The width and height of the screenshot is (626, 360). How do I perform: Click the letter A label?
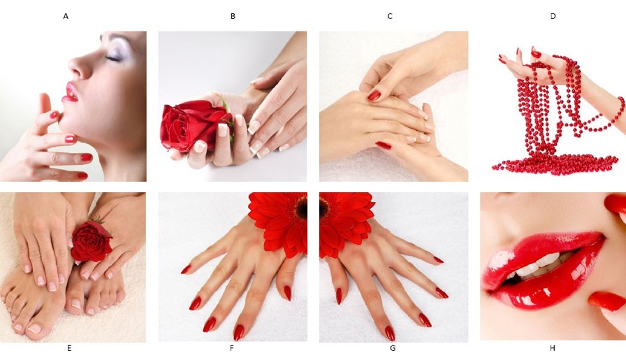point(66,16)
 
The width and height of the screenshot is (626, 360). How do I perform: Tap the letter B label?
point(233,16)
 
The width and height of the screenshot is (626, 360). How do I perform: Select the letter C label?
point(390,16)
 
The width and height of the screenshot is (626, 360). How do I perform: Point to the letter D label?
point(553,16)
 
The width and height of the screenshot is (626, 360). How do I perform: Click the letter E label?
point(69,348)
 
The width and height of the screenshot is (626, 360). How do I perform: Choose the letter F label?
point(231,348)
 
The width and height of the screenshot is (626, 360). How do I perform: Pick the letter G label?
point(393,348)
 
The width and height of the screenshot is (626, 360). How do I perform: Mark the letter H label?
point(553,348)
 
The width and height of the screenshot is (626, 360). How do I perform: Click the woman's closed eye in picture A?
point(114,58)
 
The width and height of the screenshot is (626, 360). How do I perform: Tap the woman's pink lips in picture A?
point(70,92)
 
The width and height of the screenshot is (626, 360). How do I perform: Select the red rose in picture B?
point(191,125)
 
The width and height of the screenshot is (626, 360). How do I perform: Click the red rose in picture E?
point(92,241)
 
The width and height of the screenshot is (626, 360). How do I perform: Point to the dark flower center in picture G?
point(324,208)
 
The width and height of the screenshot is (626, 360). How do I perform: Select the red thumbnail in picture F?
point(287,294)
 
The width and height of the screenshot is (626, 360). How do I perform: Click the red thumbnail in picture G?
point(339,296)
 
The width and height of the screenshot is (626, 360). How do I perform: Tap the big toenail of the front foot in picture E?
point(34,329)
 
